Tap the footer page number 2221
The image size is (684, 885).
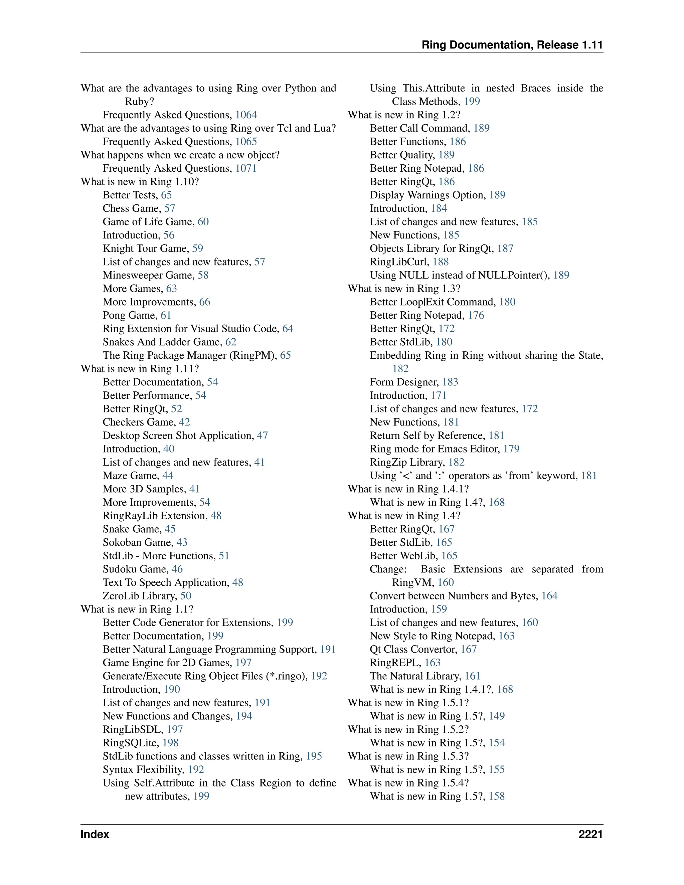[x=590, y=834]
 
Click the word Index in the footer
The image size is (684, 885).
[x=95, y=834]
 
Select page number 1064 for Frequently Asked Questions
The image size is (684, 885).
[x=246, y=115]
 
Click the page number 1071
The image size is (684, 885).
[x=246, y=169]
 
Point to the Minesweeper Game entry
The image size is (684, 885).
[x=148, y=276]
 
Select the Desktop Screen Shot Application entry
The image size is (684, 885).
[x=178, y=435]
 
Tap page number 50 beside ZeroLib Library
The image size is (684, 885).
[x=186, y=596]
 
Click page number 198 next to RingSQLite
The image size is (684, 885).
[x=171, y=743]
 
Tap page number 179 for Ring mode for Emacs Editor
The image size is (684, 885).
[x=511, y=449]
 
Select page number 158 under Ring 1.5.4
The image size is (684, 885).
[x=496, y=796]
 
